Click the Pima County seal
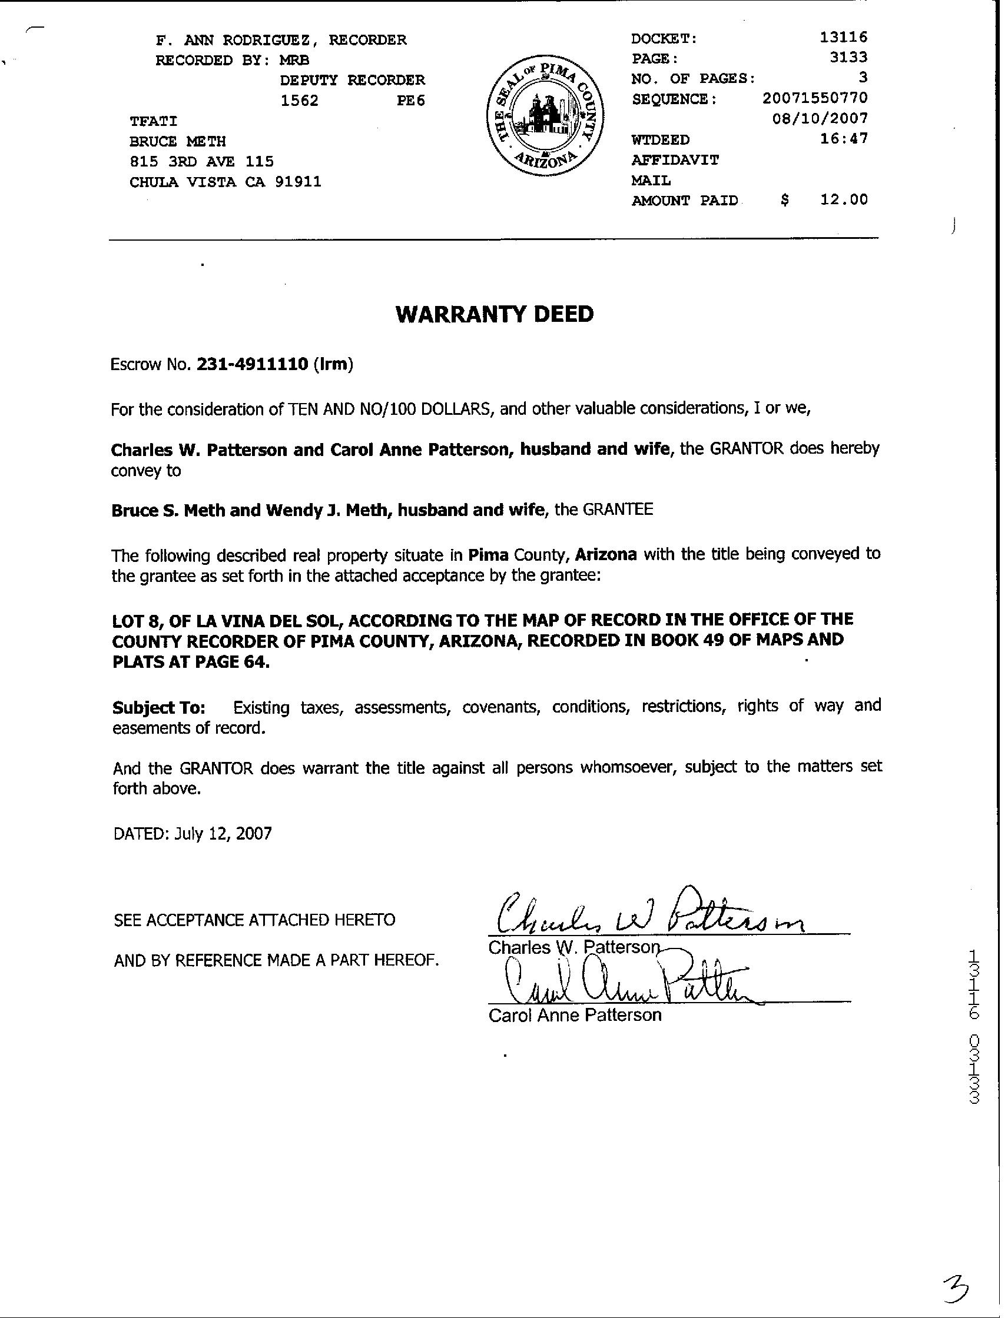[x=545, y=115]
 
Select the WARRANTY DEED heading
[x=495, y=314]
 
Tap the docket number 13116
[x=843, y=37]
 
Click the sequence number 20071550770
[x=815, y=98]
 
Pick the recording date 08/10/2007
[x=820, y=118]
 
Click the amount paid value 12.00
[x=844, y=199]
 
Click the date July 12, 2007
[x=223, y=833]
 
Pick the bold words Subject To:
[x=159, y=708]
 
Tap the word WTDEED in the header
[x=660, y=139]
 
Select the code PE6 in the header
[x=410, y=100]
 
